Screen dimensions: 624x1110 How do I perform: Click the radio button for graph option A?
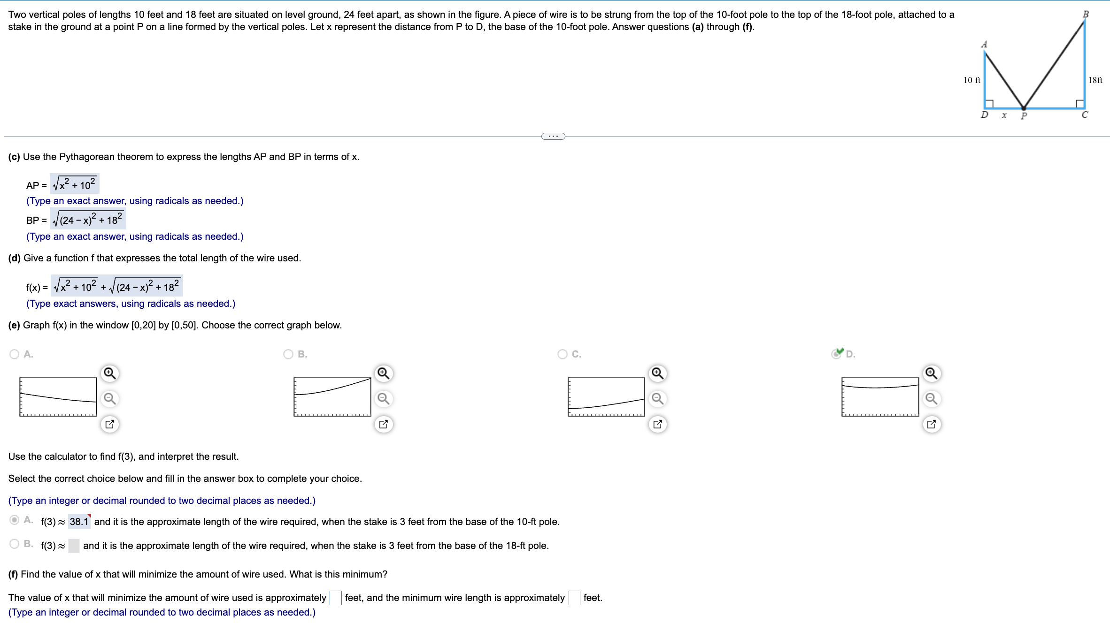pos(15,354)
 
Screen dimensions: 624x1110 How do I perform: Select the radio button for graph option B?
pos(288,354)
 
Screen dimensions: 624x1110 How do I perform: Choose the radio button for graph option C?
pos(563,354)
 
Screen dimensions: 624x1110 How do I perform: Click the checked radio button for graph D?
pos(836,354)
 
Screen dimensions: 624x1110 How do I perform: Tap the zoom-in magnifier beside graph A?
pos(110,373)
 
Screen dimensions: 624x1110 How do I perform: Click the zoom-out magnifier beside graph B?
pos(384,399)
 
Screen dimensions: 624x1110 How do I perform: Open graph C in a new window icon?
pos(657,424)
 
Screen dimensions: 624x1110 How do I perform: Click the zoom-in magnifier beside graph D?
pos(931,373)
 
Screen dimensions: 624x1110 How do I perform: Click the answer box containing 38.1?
pos(79,522)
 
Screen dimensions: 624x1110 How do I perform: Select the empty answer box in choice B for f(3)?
pos(74,546)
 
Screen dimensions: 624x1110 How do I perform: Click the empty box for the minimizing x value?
pos(335,598)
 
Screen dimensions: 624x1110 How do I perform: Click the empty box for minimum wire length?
pos(574,598)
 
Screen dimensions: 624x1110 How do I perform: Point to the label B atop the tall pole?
pos(1086,14)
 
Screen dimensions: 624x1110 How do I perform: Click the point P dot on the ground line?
pos(1024,108)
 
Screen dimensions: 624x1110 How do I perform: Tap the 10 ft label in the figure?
pos(971,80)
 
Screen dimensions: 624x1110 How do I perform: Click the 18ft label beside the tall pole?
pos(1095,80)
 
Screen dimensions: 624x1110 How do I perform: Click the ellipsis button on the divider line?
pos(553,137)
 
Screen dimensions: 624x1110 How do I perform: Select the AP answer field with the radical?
pos(75,184)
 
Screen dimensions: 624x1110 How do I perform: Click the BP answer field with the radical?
pos(88,219)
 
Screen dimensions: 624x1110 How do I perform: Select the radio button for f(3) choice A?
pos(15,520)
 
